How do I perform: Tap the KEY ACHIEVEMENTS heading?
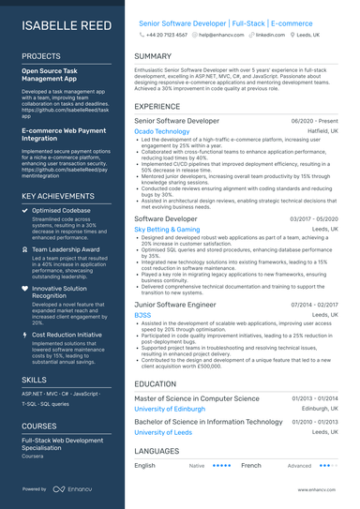point(57,196)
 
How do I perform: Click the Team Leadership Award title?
point(67,250)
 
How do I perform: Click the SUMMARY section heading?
point(153,56)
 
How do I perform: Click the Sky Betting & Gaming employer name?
point(167,229)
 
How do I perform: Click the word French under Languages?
point(250,465)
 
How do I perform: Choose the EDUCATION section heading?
point(155,383)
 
